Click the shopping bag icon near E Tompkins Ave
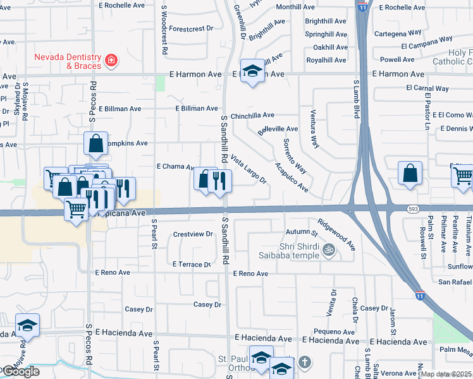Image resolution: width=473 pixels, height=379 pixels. tap(95, 144)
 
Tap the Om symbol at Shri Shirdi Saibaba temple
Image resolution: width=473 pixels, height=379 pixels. tap(328, 250)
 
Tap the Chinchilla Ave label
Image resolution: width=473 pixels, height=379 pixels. tap(252, 116)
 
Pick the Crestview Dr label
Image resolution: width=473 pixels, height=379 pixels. tap(193, 234)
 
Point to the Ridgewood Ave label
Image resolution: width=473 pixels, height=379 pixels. tap(336, 234)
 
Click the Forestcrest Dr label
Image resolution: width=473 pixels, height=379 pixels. tap(191, 28)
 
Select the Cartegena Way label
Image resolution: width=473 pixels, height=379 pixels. tap(398, 32)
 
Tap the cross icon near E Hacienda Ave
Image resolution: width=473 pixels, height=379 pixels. tap(304, 362)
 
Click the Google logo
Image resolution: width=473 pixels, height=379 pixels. tap(20, 371)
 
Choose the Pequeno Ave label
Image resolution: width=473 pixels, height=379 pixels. tap(335, 332)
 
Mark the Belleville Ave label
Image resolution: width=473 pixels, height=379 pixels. tap(278, 129)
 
